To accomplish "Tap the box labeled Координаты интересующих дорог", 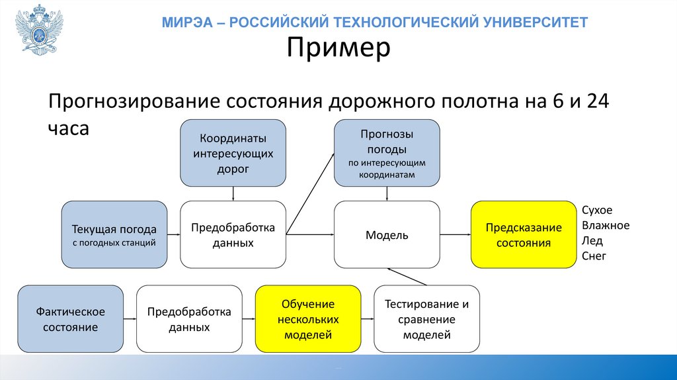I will (x=233, y=152).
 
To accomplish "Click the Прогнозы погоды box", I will (x=387, y=152).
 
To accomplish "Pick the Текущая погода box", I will (x=114, y=234).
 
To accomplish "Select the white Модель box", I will (x=387, y=234).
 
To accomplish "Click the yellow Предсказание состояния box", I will (x=524, y=234).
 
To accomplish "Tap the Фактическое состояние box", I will (x=70, y=318).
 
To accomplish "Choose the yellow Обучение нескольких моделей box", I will (x=308, y=318).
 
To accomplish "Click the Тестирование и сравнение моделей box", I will (x=426, y=318).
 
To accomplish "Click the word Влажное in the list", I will (x=606, y=226).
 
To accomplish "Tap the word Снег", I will (x=594, y=256).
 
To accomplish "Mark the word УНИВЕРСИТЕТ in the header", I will (x=544, y=23).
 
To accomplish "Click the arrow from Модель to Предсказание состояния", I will (x=455, y=234).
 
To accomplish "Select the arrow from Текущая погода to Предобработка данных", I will (x=174, y=234).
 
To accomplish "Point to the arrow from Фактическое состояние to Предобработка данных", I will (x=130, y=318).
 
